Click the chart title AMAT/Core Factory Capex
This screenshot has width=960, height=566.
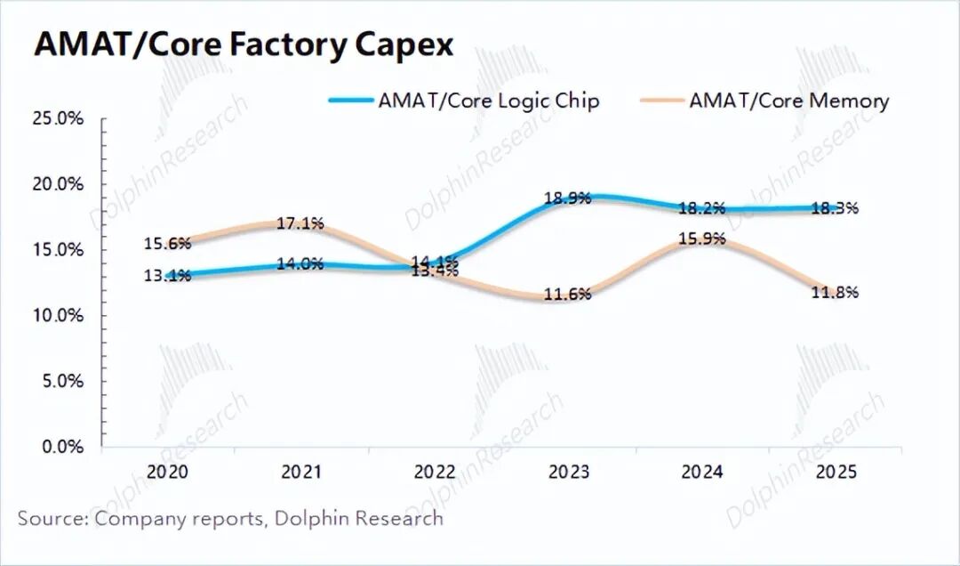[244, 44]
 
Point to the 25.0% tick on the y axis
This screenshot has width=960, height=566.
[58, 118]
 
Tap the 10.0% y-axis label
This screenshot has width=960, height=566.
[58, 316]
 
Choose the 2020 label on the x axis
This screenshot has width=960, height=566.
[167, 472]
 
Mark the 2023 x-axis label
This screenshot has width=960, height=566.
[568, 472]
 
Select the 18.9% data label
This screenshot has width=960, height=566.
[567, 198]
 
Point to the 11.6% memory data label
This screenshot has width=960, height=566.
[567, 295]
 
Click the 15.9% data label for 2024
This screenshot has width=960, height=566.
[701, 239]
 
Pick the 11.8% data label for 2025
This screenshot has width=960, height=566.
[835, 293]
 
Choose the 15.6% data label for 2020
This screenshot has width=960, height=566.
[167, 243]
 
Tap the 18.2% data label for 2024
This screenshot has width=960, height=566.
[701, 208]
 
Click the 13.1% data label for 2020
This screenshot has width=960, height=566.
[167, 276]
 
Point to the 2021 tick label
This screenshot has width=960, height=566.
[301, 472]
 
